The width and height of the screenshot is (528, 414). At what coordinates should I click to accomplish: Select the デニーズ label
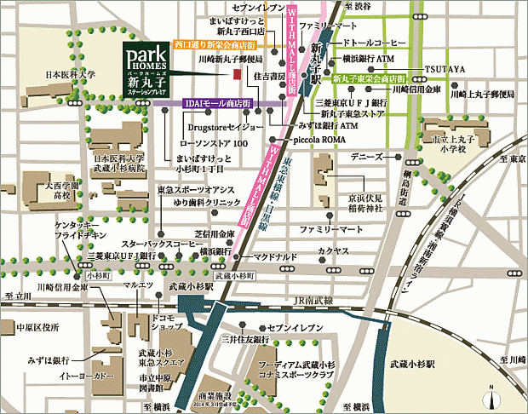[x=367, y=158]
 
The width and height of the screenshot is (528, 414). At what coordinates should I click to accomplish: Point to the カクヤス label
[x=334, y=252]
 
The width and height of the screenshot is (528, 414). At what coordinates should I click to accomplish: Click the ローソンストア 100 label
[x=216, y=144]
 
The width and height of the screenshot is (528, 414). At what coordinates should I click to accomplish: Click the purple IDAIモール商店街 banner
[x=217, y=103]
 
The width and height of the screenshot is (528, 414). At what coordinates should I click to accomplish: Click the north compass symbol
[x=491, y=398]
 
